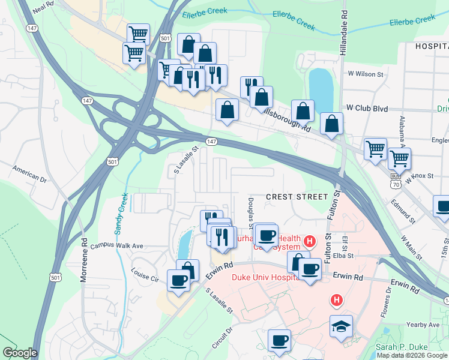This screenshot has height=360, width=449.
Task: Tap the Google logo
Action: [19, 353]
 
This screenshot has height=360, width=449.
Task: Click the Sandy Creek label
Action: [120, 214]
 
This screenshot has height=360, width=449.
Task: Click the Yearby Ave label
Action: [426, 325]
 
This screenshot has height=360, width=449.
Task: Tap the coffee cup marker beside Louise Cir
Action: [178, 280]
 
